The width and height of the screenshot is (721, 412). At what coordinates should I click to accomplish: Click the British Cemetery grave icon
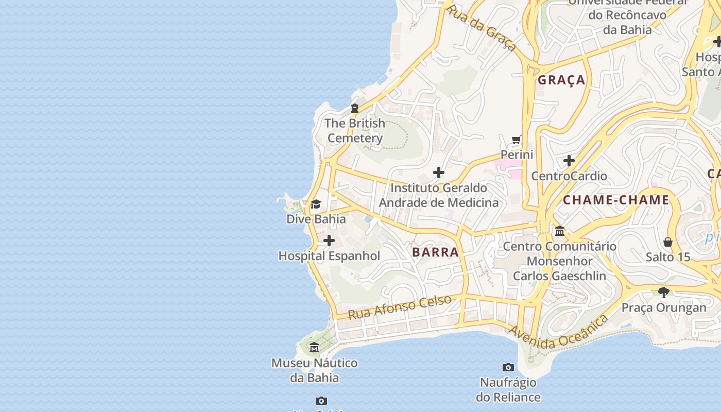point(354,108)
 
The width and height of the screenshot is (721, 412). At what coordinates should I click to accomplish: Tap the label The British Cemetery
point(355,131)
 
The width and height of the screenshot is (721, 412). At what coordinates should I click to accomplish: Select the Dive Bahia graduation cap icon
point(316,204)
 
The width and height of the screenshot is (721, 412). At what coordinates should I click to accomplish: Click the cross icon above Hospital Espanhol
point(329,241)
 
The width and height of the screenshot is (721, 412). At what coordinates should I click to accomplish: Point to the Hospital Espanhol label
point(329,256)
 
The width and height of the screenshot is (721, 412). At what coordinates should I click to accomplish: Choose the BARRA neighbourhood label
point(435,252)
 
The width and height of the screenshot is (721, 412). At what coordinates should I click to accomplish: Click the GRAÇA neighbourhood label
point(561,80)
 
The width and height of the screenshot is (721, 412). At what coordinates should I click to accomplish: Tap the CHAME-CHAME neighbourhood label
point(616,200)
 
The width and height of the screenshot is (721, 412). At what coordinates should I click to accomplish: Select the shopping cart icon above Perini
point(517,140)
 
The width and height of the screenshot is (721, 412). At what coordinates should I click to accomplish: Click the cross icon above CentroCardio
point(569,161)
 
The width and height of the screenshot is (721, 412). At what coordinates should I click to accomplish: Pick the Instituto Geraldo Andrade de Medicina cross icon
point(439,173)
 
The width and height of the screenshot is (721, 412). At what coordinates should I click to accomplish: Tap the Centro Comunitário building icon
point(560,231)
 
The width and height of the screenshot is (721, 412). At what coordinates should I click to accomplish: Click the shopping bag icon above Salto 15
point(668,242)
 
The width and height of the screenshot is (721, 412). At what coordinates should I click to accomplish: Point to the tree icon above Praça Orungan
point(664,293)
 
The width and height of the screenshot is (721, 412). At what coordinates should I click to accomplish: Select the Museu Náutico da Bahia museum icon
point(314,348)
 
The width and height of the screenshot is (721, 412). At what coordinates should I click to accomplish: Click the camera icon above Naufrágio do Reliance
point(508,367)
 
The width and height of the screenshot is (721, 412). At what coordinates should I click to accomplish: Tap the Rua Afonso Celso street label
point(400,307)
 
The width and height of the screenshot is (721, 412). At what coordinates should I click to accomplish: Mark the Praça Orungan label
point(664,308)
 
